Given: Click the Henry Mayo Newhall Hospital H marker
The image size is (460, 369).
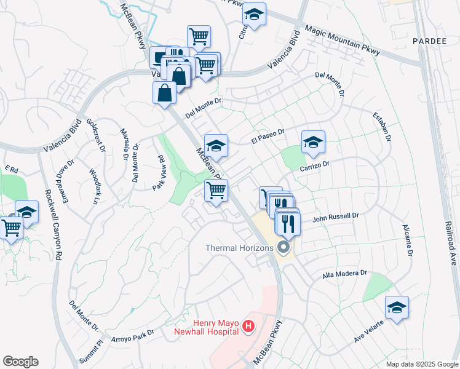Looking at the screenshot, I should (x=248, y=326).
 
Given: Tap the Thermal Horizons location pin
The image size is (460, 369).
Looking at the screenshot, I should (x=284, y=248).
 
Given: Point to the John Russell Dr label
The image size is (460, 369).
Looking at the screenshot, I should (x=335, y=217).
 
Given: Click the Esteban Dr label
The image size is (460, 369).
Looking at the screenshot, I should (x=382, y=127).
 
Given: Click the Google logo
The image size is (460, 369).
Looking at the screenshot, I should (x=20, y=362).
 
